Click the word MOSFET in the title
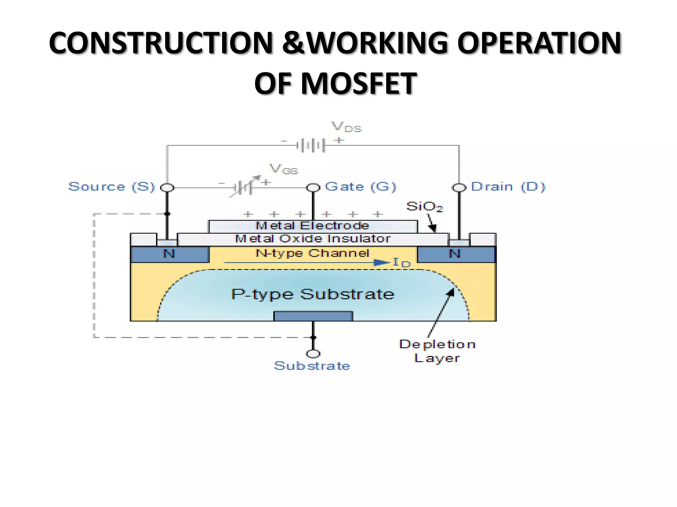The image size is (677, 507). pyautogui.click(x=358, y=84)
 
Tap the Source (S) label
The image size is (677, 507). pyautogui.click(x=111, y=187)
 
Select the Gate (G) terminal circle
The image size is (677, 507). pyautogui.click(x=313, y=187)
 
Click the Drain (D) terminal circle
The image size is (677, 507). pyautogui.click(x=459, y=187)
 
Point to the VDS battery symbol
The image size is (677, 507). pyautogui.click(x=311, y=145)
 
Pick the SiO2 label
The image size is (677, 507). pyautogui.click(x=424, y=207)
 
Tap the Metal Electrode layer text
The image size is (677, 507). pyautogui.click(x=312, y=226)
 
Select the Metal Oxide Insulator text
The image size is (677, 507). pyautogui.click(x=313, y=239)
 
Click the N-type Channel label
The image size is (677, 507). pyautogui.click(x=313, y=253)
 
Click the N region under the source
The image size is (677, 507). pyautogui.click(x=169, y=254)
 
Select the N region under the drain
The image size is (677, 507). pyautogui.click(x=455, y=254)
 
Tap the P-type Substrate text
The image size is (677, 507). pyautogui.click(x=313, y=294)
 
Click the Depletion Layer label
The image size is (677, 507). pyautogui.click(x=437, y=351)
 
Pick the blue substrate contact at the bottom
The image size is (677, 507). pyautogui.click(x=313, y=316)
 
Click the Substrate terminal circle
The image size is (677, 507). pyautogui.click(x=313, y=354)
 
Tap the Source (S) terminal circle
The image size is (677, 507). pyautogui.click(x=167, y=188)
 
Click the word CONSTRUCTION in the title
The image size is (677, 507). pyautogui.click(x=161, y=43)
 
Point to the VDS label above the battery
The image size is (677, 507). pyautogui.click(x=346, y=127)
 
